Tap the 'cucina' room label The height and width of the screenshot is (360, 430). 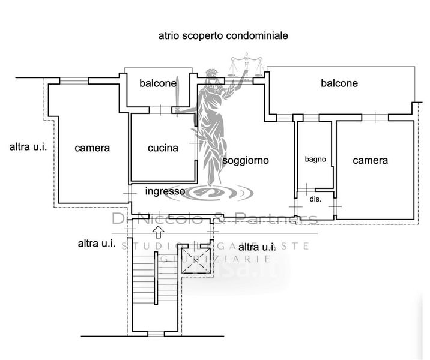(163, 148)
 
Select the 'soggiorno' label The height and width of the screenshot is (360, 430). (246, 160)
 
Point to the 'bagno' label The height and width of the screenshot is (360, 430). (315, 160)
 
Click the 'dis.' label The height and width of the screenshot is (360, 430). (315, 198)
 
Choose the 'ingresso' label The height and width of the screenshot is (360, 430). (165, 191)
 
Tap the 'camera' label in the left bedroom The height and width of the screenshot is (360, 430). (92, 148)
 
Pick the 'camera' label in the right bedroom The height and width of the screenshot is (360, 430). (370, 160)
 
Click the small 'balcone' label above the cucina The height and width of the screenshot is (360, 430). (158, 83)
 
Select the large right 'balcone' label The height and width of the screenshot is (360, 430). (339, 83)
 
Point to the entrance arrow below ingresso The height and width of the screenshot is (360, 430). (159, 230)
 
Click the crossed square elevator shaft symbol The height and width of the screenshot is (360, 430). (197, 262)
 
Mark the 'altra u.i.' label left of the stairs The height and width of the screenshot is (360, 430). (97, 243)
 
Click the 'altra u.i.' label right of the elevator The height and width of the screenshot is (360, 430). (257, 247)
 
